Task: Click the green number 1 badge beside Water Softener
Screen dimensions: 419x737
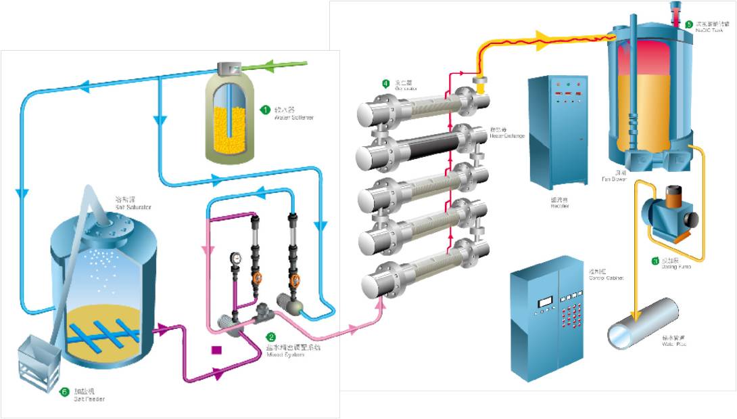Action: (266, 109)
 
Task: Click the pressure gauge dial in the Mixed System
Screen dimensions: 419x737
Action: (235, 258)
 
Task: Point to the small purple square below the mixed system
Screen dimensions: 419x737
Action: (216, 350)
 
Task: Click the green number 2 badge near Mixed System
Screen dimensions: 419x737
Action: (271, 336)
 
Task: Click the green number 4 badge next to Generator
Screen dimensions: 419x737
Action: (385, 83)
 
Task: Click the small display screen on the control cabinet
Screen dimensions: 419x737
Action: (545, 301)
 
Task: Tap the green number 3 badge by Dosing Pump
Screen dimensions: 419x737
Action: (655, 261)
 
